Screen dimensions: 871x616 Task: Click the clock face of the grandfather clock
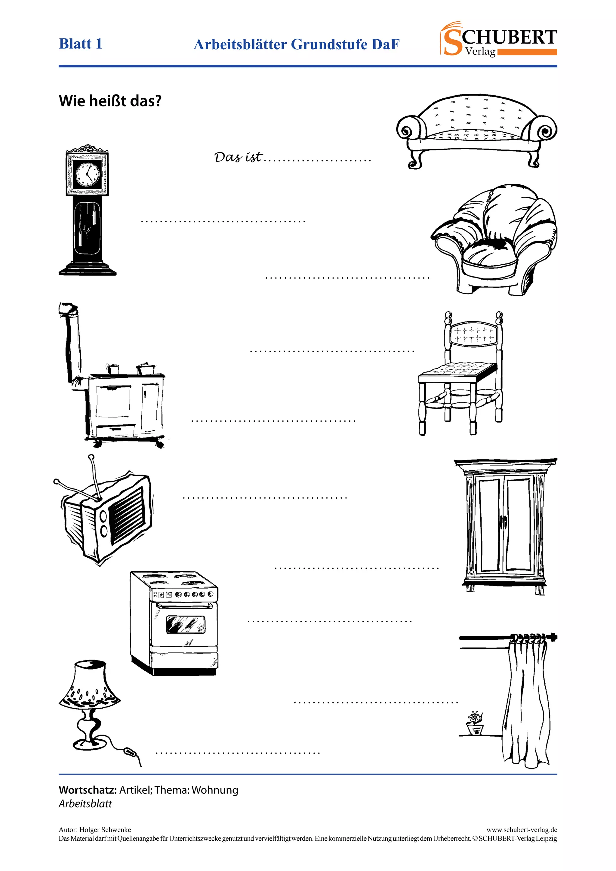click(x=87, y=174)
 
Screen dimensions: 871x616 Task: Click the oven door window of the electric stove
click(x=186, y=624)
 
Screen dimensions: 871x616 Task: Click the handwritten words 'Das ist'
click(x=238, y=157)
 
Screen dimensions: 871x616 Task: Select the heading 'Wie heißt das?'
click(x=110, y=101)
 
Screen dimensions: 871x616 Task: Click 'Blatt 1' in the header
click(x=80, y=44)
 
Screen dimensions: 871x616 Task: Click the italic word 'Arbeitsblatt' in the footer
click(x=85, y=803)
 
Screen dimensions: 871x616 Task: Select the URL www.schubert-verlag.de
click(x=522, y=830)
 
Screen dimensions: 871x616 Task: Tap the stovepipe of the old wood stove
click(x=72, y=341)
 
